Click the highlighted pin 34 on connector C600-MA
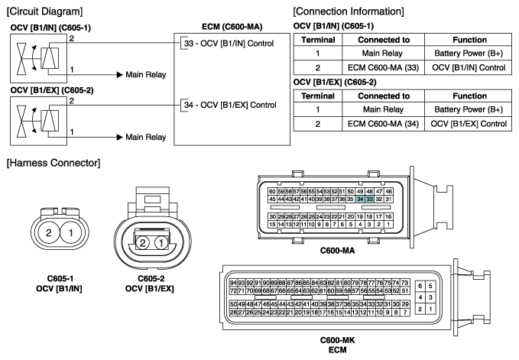pyautogui.click(x=359, y=199)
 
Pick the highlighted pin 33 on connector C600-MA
pyautogui.click(x=369, y=199)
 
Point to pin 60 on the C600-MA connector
pyautogui.click(x=271, y=190)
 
